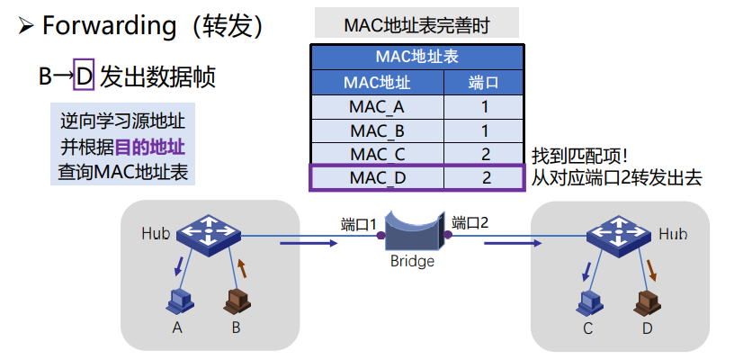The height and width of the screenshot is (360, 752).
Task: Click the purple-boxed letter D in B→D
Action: tap(84, 76)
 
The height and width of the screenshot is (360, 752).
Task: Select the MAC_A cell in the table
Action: tap(377, 107)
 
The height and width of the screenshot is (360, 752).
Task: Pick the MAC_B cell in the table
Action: tap(377, 130)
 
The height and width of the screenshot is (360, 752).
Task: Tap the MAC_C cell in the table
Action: tap(377, 154)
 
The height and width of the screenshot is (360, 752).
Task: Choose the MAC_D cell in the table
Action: tap(377, 177)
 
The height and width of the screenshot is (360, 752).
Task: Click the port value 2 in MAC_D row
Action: tap(485, 177)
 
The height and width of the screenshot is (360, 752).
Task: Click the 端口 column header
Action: tap(485, 84)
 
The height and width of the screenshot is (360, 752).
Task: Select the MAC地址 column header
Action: tap(377, 84)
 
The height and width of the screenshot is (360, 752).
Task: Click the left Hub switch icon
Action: tap(208, 232)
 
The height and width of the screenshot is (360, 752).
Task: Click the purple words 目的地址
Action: tap(155, 146)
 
